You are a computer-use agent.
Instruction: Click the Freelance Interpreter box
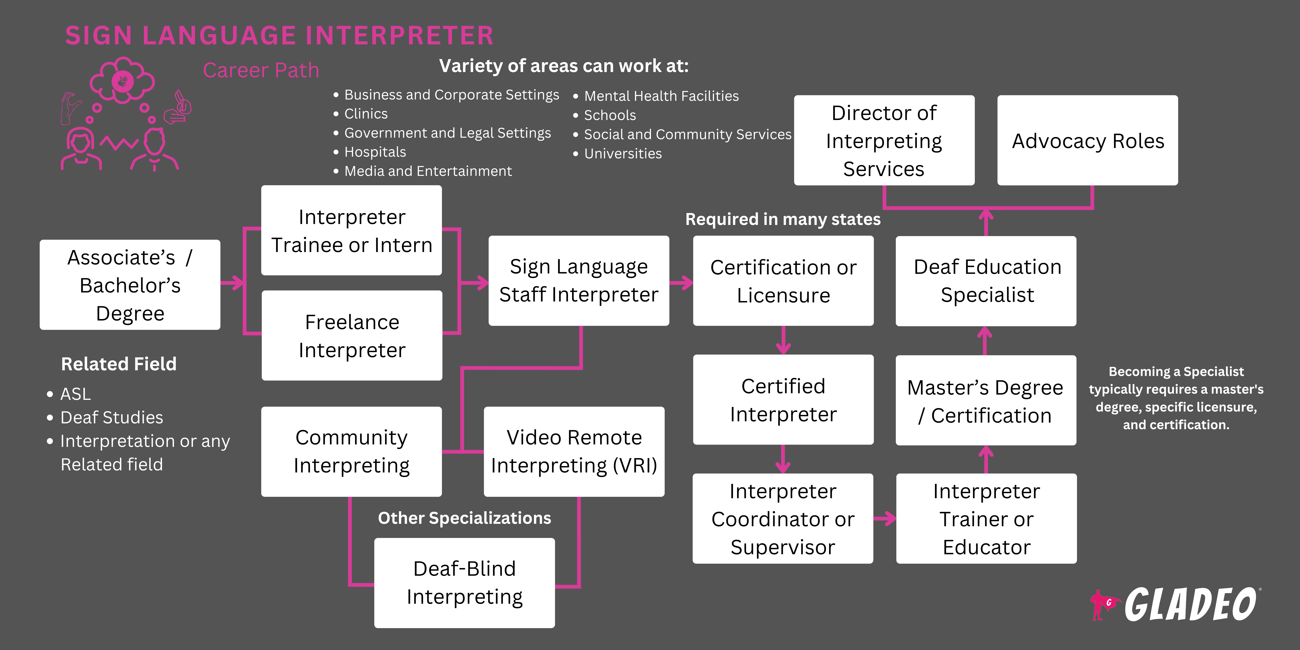(352, 336)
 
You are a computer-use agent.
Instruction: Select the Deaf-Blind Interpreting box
(464, 583)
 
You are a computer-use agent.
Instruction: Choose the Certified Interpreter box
(783, 400)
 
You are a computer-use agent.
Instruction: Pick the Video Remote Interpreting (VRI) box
(574, 452)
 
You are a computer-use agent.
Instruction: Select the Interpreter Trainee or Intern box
(352, 231)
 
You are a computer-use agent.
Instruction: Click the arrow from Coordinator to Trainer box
(885, 518)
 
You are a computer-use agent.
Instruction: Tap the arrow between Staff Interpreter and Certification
(681, 283)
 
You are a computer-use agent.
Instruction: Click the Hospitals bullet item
(375, 152)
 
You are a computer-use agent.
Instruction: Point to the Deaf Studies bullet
(112, 417)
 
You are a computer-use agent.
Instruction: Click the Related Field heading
(119, 364)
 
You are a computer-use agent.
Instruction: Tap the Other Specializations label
(464, 518)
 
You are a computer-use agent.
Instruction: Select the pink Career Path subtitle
(261, 70)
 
